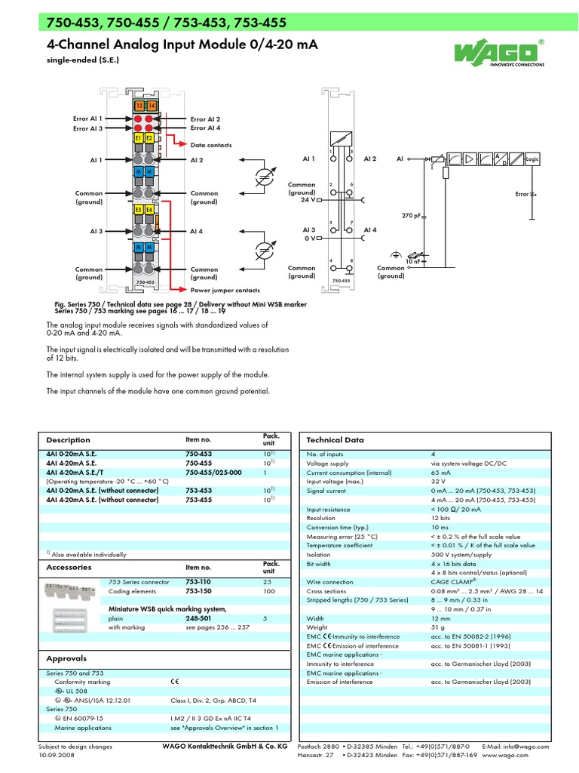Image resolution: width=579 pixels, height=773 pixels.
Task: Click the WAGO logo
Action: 498,54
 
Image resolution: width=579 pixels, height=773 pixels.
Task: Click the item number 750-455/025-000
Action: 213,472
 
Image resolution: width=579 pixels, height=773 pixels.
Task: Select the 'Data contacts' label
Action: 211,145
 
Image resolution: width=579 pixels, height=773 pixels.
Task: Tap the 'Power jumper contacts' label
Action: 225,290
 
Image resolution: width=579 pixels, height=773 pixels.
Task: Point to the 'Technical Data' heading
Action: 335,439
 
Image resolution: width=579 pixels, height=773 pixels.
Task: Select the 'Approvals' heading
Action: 66,658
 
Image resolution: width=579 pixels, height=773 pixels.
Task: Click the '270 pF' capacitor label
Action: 411,215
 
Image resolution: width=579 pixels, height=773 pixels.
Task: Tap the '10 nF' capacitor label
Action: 412,261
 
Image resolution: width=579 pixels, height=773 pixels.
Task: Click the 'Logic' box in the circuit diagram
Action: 532,159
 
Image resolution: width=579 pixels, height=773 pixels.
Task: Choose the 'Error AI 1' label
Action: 87,119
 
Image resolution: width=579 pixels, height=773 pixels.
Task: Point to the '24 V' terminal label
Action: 308,200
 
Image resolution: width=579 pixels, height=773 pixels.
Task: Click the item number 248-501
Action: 198,617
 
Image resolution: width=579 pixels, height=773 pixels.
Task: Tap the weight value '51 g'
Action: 439,627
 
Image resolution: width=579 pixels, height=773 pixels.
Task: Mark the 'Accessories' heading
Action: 69,567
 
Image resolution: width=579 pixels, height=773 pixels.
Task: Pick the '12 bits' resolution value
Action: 440,519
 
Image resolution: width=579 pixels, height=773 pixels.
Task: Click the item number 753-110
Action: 198,583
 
